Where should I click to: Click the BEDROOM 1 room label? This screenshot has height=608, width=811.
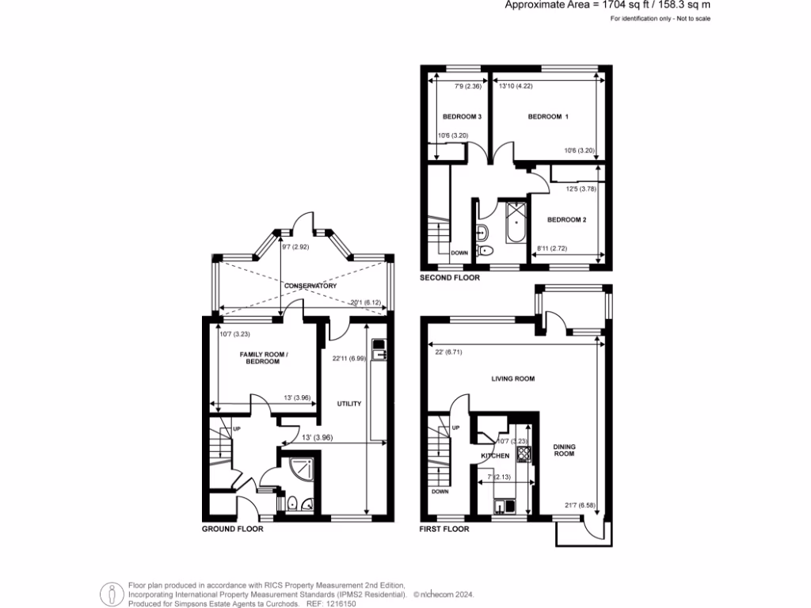549,116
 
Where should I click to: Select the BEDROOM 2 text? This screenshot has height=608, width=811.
567,219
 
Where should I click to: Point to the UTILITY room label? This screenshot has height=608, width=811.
349,404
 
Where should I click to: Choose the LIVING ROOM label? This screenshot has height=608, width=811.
512,378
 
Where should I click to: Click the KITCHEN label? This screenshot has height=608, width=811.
495,457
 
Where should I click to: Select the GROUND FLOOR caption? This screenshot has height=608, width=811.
232,529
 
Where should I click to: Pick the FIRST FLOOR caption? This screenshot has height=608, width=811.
444,529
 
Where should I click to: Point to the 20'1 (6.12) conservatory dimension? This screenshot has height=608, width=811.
366,302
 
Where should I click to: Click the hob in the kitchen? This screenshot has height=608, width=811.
523,454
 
